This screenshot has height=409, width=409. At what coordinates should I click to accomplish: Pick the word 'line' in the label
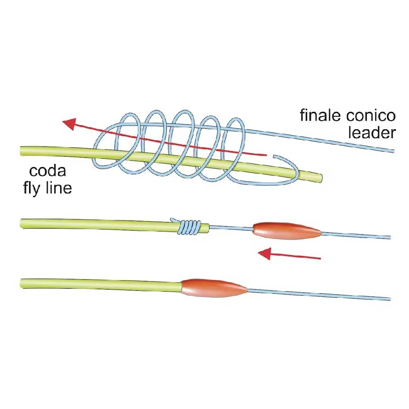pos(60,189)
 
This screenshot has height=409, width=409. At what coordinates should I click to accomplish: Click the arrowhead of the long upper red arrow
pos(69,123)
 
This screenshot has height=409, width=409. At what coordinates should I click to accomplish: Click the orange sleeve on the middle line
pos(287,231)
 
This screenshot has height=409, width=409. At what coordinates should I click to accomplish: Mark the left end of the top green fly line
pos(21,151)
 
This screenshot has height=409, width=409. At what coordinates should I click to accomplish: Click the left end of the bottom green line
pos(21,282)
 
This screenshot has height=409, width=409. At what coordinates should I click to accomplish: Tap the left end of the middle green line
pos(21,223)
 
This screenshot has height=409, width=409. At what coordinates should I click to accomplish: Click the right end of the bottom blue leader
pos(390,299)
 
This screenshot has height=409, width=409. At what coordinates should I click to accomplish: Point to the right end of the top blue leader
pos(393,151)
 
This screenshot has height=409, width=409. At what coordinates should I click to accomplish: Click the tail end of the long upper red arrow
pos(266,155)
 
